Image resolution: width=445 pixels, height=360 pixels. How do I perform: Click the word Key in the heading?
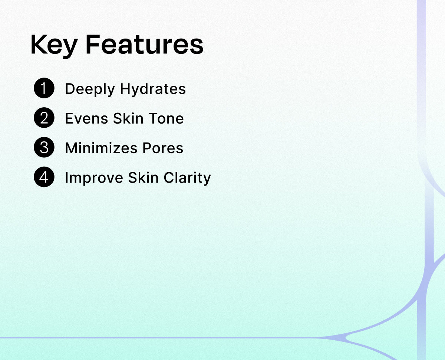54,46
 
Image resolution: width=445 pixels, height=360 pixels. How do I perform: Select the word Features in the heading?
145,45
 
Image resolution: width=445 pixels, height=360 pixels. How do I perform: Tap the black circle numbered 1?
44,88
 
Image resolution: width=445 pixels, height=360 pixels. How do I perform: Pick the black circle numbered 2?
44,118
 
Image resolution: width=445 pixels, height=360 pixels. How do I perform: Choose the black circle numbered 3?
44,147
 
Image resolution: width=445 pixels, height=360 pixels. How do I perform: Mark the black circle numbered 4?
44,177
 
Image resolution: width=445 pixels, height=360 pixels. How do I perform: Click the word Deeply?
90,89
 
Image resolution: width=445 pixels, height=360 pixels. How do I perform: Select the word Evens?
86,118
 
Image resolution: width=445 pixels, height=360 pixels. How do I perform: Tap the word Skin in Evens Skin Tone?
128,118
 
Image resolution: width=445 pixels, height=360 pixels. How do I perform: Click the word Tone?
166,118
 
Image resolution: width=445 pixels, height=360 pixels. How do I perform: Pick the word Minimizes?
101,148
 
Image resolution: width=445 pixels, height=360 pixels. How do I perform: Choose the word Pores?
163,148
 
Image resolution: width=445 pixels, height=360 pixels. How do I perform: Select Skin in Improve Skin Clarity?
143,178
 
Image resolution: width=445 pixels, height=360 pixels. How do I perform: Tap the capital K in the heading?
39,45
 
